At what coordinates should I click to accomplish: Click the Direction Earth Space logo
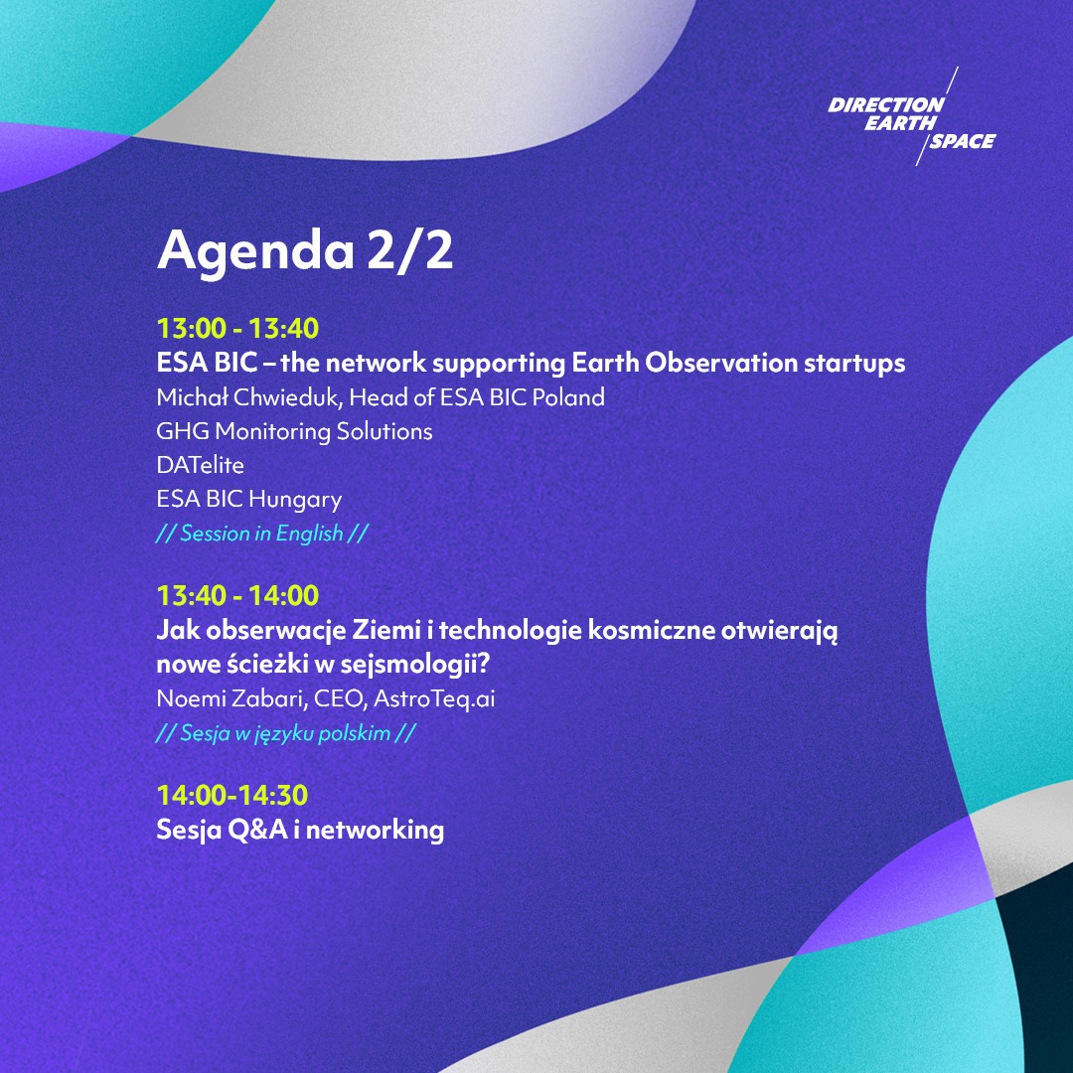(911, 122)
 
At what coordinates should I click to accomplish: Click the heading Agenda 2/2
(305, 250)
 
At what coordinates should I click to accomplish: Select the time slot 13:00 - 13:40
(237, 328)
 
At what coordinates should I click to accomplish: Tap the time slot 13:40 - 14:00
(237, 596)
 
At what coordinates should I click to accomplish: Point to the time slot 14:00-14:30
(232, 795)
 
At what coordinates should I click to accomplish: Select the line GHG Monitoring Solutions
(294, 431)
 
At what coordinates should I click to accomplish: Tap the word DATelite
(200, 465)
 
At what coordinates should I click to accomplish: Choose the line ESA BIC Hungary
(248, 499)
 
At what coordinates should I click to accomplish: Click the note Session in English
(262, 534)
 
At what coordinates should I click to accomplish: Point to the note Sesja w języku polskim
(285, 734)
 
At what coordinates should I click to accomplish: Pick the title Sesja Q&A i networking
(300, 830)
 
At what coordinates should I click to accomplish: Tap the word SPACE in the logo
(961, 141)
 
